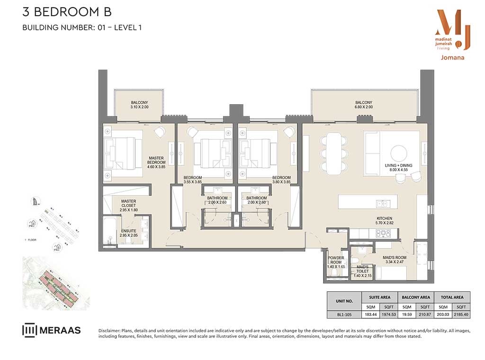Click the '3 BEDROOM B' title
point(67,12)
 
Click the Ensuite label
point(128,234)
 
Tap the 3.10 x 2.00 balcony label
point(139,105)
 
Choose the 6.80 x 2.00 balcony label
point(364,105)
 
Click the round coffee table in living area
point(398,152)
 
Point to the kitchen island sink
point(382,204)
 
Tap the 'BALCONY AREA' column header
point(415,297)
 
